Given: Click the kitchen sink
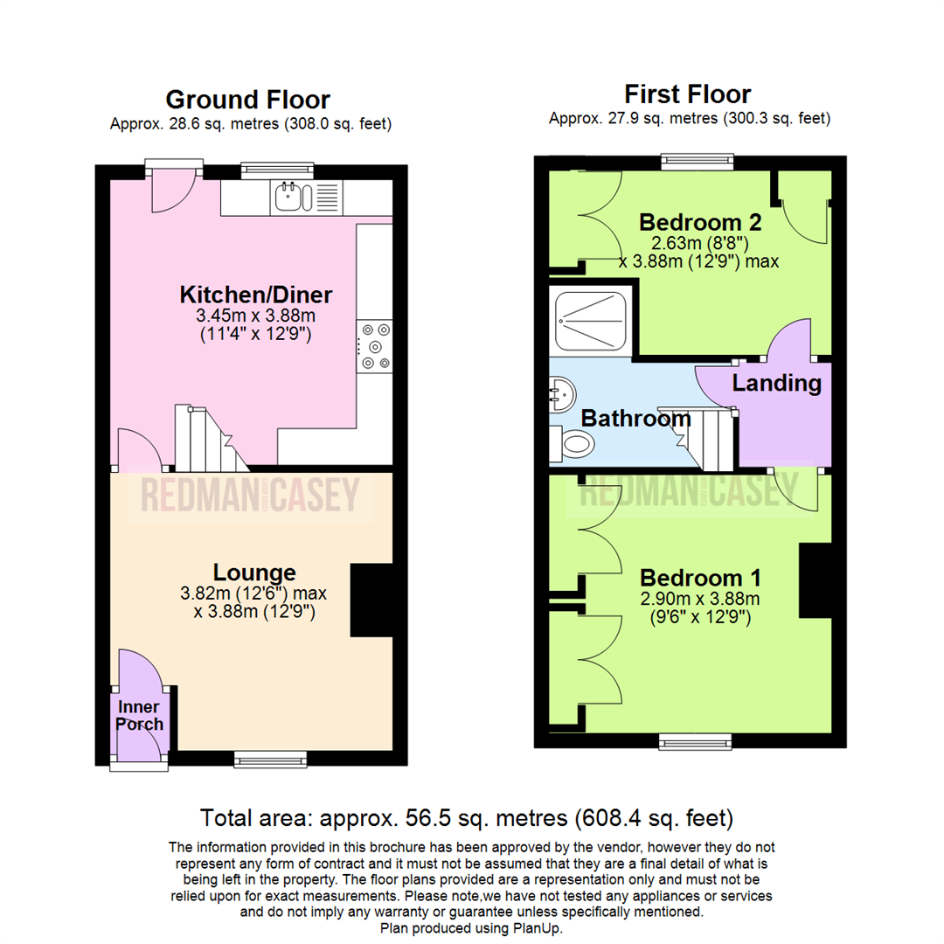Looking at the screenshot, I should coord(293,198).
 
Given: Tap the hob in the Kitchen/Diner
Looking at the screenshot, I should coord(375,345).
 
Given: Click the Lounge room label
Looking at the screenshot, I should coord(254,573).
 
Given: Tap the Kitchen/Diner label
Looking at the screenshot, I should coord(244,293).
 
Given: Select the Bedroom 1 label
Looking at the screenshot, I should coord(700,578).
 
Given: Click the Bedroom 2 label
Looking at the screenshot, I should coord(700,220).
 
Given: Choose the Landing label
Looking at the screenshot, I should coord(776,383).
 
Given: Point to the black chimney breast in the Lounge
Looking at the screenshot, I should coord(371,600).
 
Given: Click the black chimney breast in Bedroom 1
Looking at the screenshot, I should coord(816,580).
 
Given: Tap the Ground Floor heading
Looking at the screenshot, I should coord(247,100).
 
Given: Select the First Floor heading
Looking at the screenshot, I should coord(687,94).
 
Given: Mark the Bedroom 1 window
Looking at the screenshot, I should coord(695,742).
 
